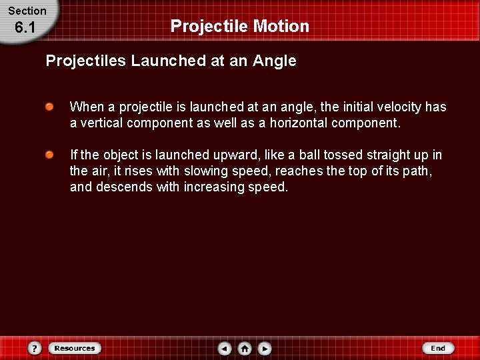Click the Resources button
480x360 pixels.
click(x=75, y=348)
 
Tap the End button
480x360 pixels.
click(x=438, y=348)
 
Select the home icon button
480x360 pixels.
click(x=245, y=348)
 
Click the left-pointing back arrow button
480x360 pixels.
click(x=225, y=348)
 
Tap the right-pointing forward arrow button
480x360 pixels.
click(x=265, y=348)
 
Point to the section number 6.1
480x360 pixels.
click(x=24, y=28)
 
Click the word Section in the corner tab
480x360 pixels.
click(x=27, y=11)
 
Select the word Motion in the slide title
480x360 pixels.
click(x=284, y=27)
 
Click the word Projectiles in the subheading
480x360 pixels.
click(x=86, y=61)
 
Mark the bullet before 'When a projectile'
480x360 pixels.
click(x=50, y=107)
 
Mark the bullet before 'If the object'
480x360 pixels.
click(x=50, y=155)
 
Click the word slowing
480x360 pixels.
click(x=207, y=171)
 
